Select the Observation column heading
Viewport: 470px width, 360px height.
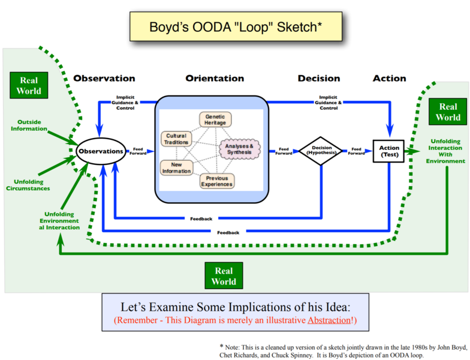pyautogui.click(x=104, y=79)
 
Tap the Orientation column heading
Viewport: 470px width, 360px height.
pyautogui.click(x=215, y=79)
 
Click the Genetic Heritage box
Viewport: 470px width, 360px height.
pyautogui.click(x=215, y=119)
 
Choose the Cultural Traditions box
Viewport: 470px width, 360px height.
pyautogui.click(x=176, y=139)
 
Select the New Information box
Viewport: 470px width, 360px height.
pyautogui.click(x=176, y=167)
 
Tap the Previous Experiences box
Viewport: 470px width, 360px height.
pyautogui.click(x=216, y=181)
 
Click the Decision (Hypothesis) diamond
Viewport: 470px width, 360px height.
pyautogui.click(x=321, y=151)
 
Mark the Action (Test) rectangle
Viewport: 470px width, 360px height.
pyautogui.click(x=389, y=151)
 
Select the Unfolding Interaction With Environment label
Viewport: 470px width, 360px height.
pyautogui.click(x=446, y=152)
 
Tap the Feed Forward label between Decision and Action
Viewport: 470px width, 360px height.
pyautogui.click(x=357, y=151)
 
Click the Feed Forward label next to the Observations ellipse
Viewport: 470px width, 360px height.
pyautogui.click(x=138, y=151)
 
